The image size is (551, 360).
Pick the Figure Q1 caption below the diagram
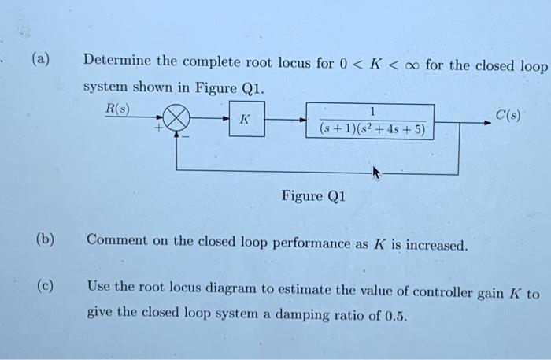coord(313,196)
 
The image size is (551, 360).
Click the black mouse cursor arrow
coord(375,173)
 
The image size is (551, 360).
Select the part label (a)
coord(41,59)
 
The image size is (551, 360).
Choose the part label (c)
coord(43,286)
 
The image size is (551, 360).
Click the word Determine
coord(117,61)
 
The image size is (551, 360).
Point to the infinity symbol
coord(409,64)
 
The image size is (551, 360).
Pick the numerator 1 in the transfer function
coord(371,111)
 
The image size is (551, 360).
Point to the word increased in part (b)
coord(434,245)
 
